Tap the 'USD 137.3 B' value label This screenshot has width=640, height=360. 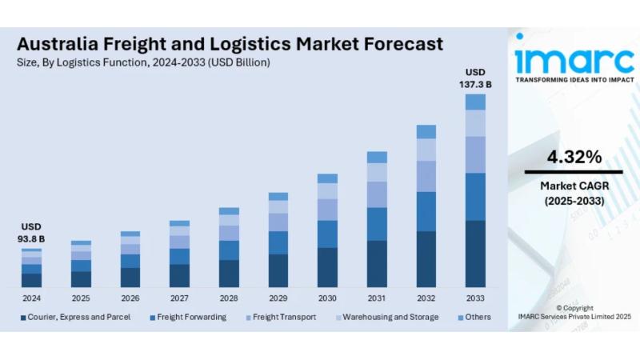pos(475,78)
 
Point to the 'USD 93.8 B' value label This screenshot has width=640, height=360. pos(31,233)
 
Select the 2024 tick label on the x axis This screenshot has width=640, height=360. pos(31,298)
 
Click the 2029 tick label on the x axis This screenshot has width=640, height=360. pos(278,298)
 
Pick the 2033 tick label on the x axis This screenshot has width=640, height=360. pos(475,298)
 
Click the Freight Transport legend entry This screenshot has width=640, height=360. pos(284,317)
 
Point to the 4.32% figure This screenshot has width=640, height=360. pos(574,157)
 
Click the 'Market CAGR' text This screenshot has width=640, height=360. pos(574,186)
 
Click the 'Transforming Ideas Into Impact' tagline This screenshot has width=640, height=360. pos(574,80)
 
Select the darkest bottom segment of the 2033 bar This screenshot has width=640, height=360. pos(475,254)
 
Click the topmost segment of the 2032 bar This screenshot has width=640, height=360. pos(426,131)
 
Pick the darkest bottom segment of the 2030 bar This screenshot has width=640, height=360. pos(327,267)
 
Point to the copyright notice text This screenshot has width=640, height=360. pos(574,312)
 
